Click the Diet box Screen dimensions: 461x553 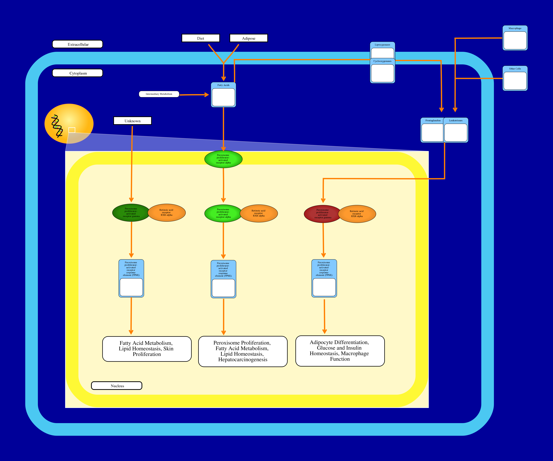click(x=201, y=38)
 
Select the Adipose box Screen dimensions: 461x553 click(x=249, y=38)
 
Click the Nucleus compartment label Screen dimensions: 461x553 click(x=117, y=386)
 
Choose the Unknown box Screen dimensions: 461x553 click(x=132, y=121)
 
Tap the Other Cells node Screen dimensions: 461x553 click(x=515, y=79)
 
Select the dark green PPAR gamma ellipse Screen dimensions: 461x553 click(x=131, y=213)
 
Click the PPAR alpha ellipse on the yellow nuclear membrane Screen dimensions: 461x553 click(x=223, y=159)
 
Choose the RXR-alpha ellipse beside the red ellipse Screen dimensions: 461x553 click(x=357, y=214)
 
